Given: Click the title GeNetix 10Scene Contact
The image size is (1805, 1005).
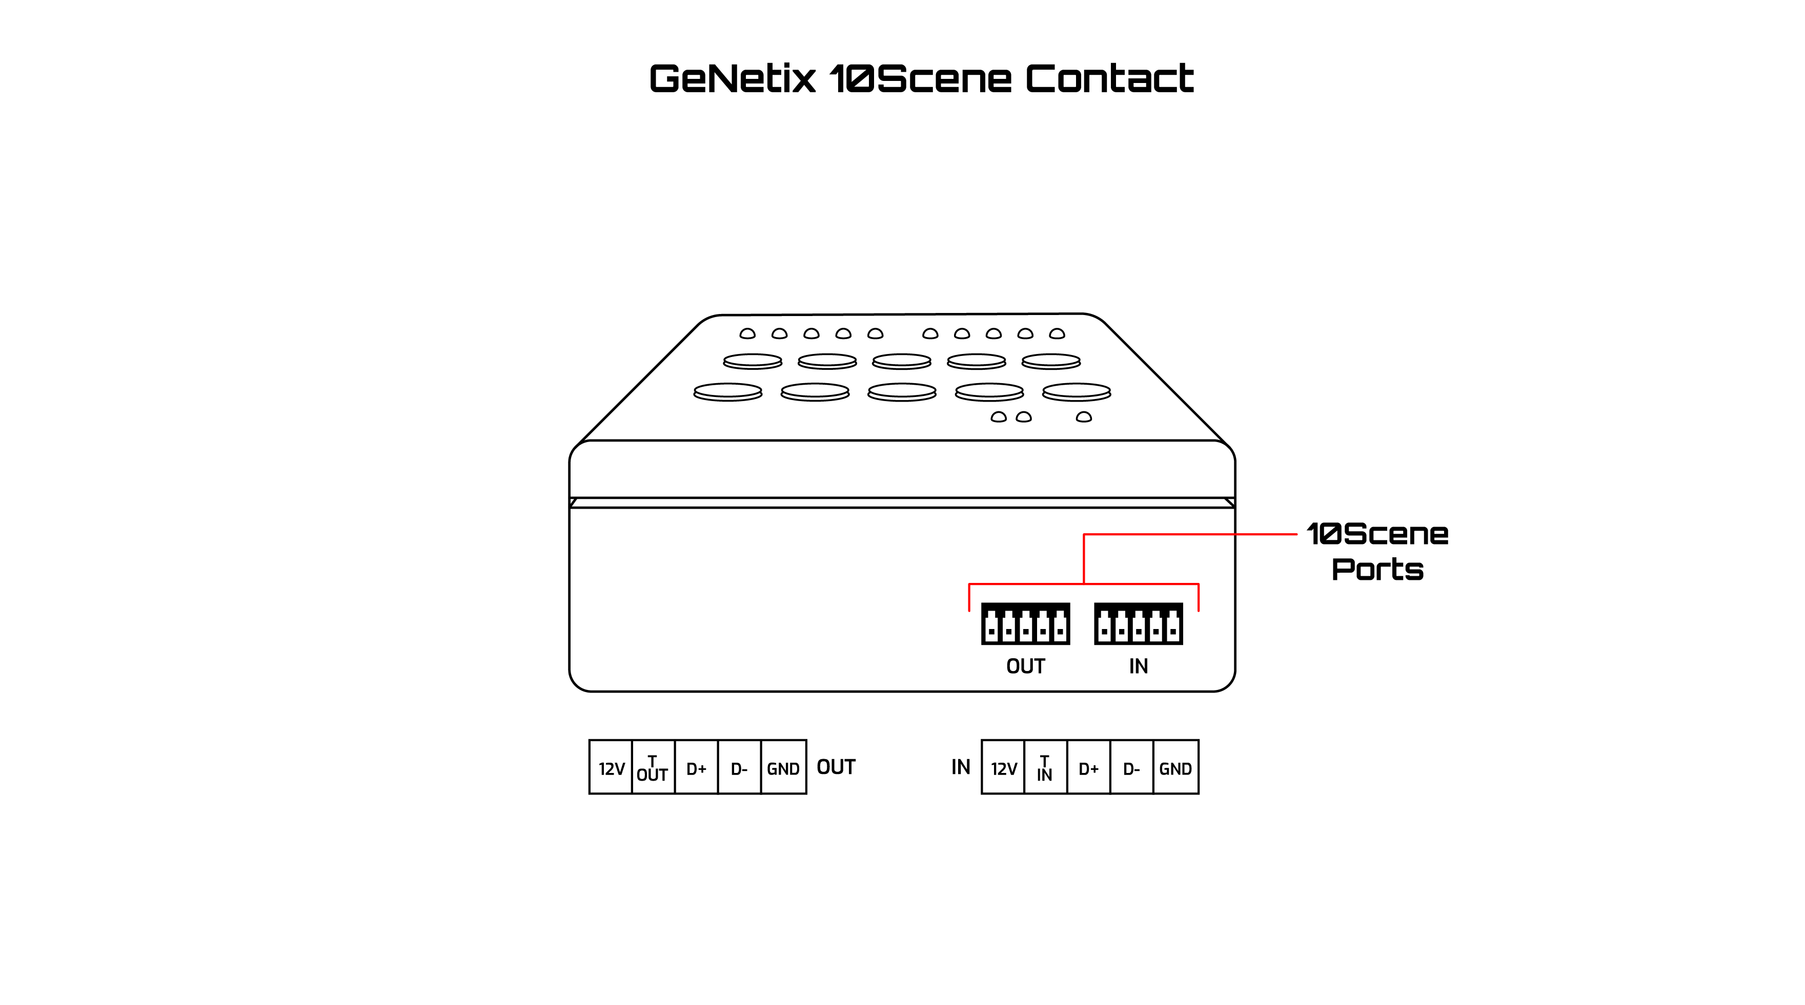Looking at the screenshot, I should point(921,78).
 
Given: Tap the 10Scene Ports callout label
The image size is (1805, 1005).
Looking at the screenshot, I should point(1377,551).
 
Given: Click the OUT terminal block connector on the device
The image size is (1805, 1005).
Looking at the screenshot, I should point(1025,623).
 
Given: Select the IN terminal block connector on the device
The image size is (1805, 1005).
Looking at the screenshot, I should point(1138,623).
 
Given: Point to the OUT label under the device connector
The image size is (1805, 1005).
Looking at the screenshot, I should point(1025,666).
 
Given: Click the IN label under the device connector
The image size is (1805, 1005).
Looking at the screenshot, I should point(1138,666).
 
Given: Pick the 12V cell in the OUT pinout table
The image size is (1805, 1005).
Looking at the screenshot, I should point(611,768).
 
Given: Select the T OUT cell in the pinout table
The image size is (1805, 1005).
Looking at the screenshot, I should point(653,768).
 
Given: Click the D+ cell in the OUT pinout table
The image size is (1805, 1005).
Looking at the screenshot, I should point(696,768).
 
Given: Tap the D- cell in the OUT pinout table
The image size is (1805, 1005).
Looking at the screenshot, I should point(739,768).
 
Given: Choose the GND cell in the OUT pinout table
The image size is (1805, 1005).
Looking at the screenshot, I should point(783,768).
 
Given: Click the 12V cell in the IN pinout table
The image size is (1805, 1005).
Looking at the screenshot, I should point(1003,768).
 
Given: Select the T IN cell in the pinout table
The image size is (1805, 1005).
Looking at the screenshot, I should point(1045,768).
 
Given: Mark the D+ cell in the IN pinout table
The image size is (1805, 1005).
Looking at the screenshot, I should point(1088,768).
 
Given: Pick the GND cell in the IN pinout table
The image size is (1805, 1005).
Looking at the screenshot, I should point(1175,768).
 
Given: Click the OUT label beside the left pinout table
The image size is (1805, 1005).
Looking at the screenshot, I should point(836,767).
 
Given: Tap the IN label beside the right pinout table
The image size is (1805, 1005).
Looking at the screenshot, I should point(961,767).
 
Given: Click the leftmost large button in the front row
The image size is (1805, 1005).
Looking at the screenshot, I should point(727,391).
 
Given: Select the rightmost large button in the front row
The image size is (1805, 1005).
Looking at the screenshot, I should point(1076,391).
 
